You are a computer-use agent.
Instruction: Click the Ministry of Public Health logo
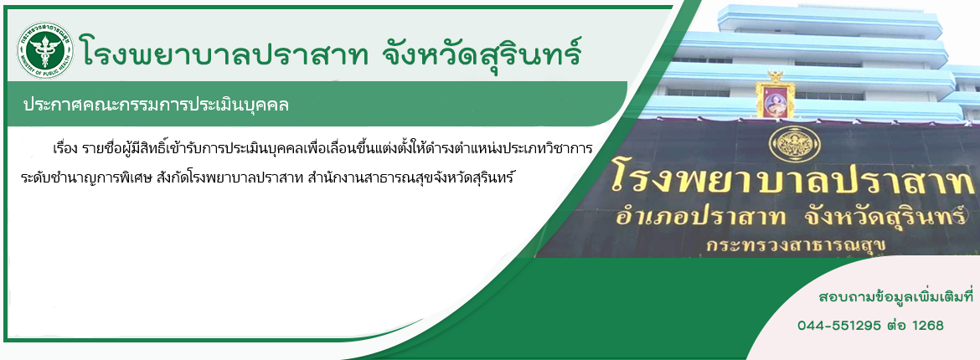tap(44, 49)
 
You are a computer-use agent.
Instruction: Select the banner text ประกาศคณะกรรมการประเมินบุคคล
tap(156, 105)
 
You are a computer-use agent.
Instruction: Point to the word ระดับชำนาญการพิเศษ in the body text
tap(70, 177)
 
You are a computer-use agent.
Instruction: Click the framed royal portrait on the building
tap(775, 98)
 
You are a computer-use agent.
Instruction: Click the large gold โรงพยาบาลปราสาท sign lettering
tap(792, 179)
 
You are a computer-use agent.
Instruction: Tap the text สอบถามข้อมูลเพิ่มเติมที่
tap(895, 296)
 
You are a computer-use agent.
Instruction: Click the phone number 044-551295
tap(839, 326)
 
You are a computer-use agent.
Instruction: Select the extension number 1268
tap(928, 326)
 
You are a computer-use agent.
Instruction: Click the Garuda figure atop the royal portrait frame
tap(776, 76)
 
